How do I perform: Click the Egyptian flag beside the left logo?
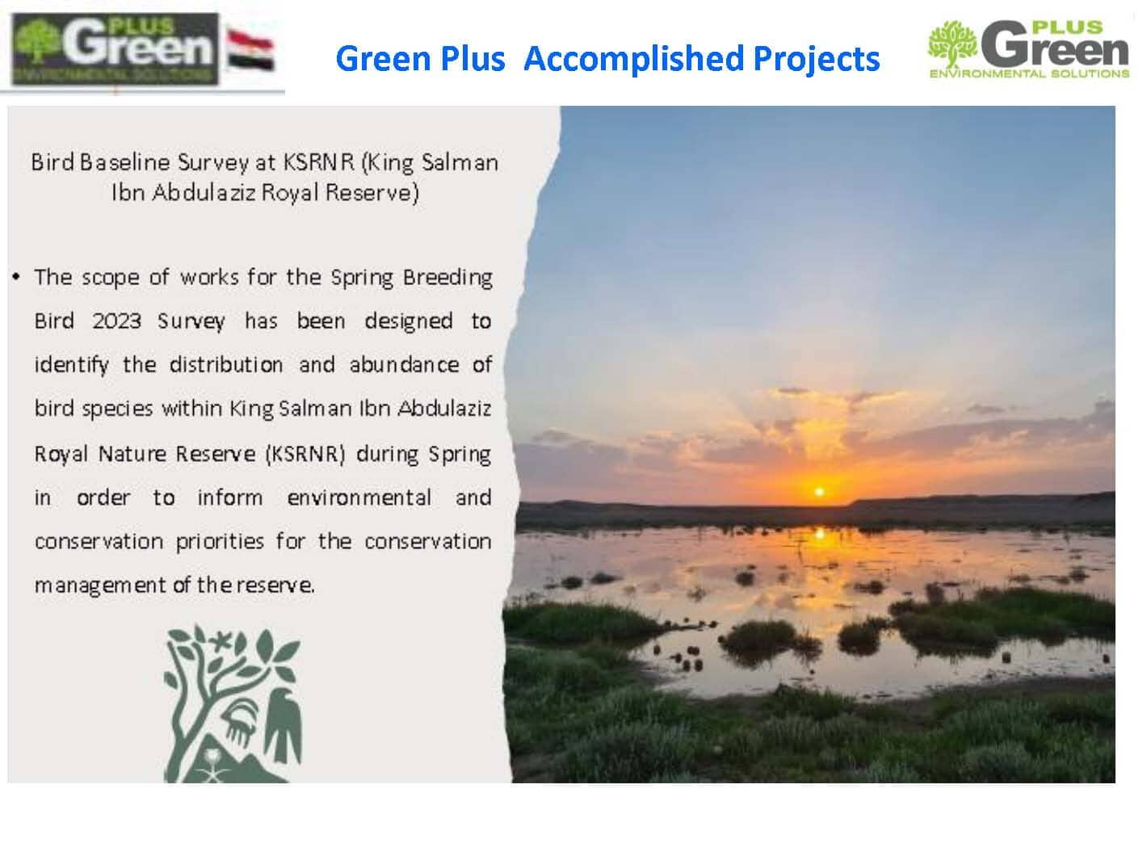point(250,49)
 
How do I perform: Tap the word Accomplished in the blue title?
point(633,58)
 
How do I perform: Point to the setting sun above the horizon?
point(819,491)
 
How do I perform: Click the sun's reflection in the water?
point(819,534)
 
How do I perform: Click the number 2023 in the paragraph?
point(116,321)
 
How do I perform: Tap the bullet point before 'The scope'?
point(16,276)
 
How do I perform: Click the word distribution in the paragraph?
point(226,364)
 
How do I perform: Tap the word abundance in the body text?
point(404,364)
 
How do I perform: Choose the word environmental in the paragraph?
point(359,497)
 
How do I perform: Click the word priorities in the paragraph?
point(220,543)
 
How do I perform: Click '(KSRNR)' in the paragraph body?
point(305,454)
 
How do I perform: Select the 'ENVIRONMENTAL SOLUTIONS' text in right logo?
point(1029,73)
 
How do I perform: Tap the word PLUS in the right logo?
point(1068,27)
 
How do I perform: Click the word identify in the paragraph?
point(72,365)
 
